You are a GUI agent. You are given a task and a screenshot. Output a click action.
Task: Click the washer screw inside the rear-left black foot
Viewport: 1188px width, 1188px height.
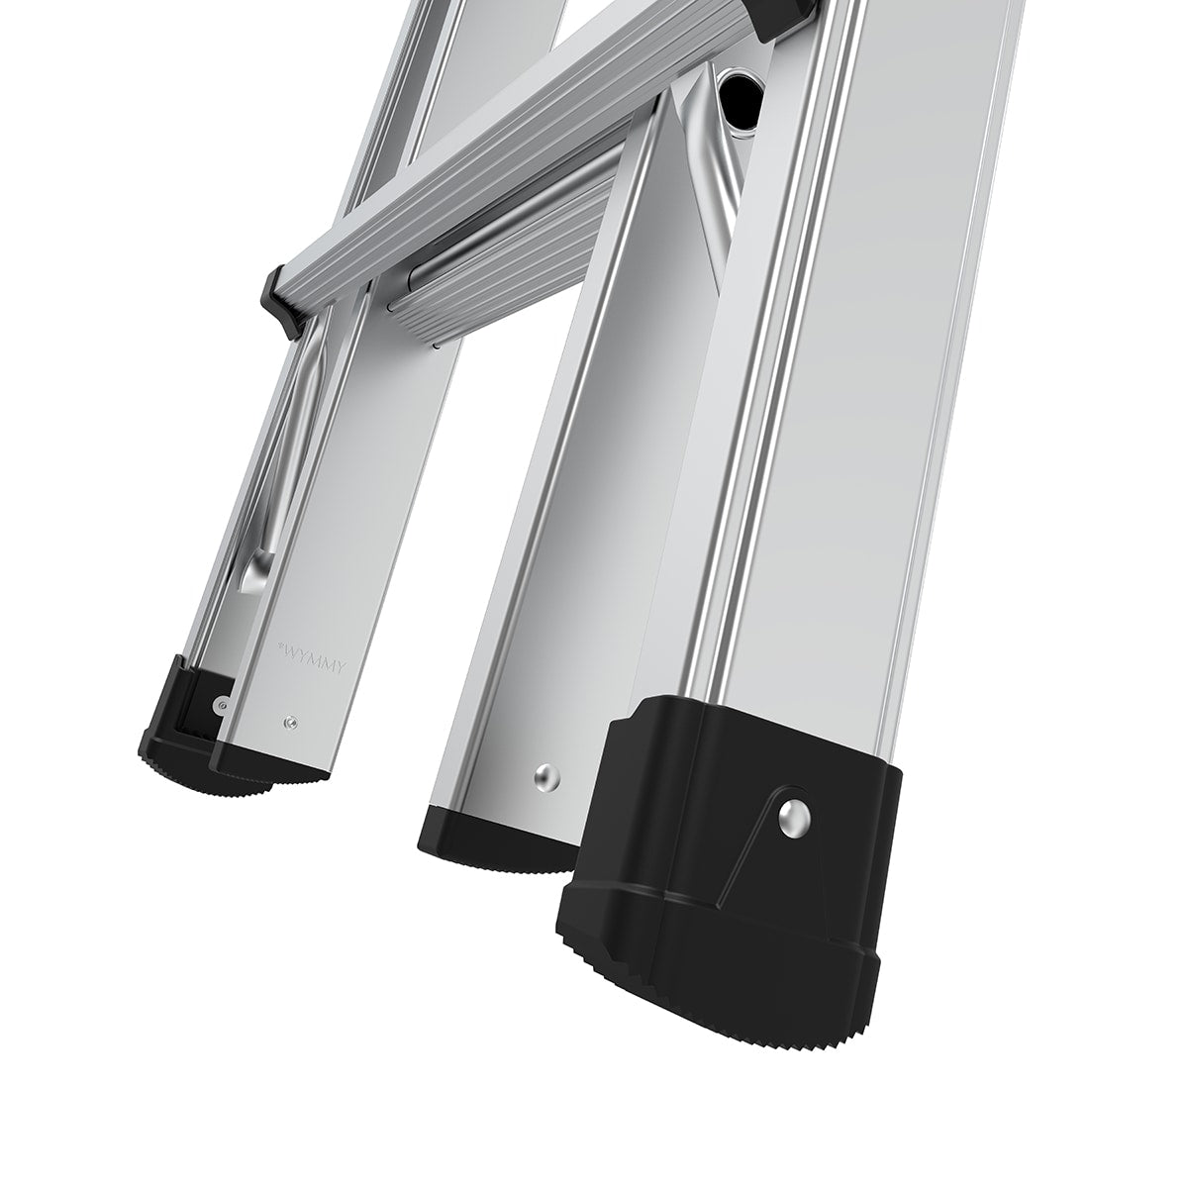[x=220, y=704]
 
